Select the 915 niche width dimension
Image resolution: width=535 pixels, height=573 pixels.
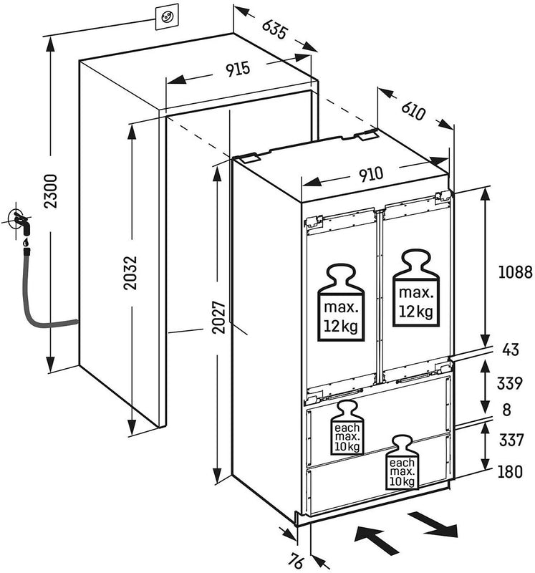pos(237,69)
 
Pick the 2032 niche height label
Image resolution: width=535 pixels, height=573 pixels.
pos(131,273)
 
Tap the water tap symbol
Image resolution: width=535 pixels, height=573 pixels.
pos(19,224)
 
